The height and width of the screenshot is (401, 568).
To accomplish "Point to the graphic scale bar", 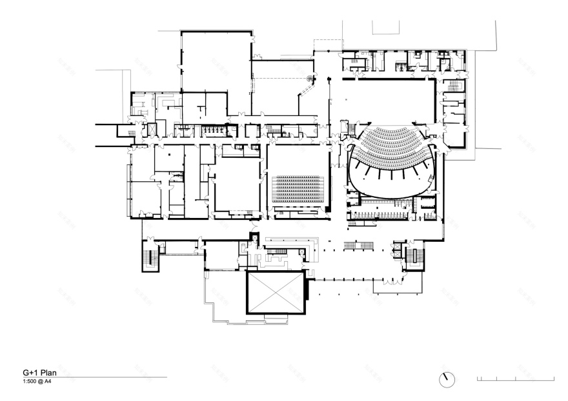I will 515,378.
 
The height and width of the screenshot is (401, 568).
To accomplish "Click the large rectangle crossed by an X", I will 276,292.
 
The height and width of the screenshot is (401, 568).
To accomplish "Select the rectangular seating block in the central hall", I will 298,188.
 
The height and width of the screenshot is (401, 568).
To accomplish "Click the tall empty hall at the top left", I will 215,71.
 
